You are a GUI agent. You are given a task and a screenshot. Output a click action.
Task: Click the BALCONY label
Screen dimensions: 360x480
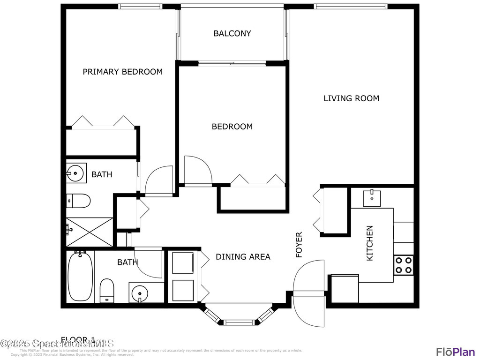point(232,33)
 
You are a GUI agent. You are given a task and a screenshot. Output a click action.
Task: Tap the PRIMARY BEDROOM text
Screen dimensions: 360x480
point(122,72)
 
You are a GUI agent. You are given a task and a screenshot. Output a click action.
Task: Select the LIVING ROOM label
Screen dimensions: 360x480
point(351,98)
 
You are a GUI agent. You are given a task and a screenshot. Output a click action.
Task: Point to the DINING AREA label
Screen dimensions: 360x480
point(243,257)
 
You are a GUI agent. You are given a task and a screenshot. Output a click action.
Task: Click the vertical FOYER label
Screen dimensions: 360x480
point(299,245)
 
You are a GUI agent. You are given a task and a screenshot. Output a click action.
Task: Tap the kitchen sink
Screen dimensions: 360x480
point(372,198)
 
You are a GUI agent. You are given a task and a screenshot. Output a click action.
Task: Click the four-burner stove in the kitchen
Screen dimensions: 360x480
point(404,265)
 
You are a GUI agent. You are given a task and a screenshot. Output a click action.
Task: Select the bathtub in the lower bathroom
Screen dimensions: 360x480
point(81,277)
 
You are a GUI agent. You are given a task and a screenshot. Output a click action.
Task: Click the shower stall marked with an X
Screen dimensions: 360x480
point(89,232)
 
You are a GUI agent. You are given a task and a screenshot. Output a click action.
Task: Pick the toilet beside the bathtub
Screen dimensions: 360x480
point(107,291)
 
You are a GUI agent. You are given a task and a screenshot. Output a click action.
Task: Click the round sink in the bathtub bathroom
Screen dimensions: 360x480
point(139,293)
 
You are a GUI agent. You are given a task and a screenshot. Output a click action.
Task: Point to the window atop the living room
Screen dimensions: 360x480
point(351,7)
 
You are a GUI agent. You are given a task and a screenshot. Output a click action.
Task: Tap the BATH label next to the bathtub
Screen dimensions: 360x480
point(127,262)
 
